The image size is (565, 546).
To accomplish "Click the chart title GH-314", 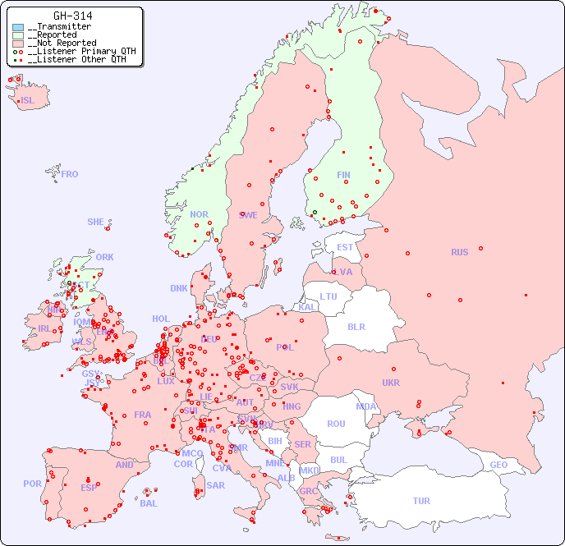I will coord(72,16).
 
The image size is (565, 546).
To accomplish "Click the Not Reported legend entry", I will coord(62,43).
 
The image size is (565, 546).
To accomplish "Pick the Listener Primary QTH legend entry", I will coord(78,51).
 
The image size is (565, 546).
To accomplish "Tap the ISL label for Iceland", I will coord(27,101).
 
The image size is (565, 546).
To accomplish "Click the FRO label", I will coord(70,174).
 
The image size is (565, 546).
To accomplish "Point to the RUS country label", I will coord(459,252).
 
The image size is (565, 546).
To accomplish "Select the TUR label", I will coord(421,501).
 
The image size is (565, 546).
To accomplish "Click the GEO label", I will coord(498,465).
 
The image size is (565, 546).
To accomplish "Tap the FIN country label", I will coord(343,175).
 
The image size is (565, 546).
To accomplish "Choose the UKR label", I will coord(391,383).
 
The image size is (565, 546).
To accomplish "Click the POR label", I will coord(32,484).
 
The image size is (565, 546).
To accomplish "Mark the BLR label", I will coord(356,326).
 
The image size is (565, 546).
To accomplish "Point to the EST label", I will coord(345,247).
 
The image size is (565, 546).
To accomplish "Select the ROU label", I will coord(336,424).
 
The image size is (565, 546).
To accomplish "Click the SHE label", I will coord(95,222).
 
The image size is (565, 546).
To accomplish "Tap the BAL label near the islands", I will coord(149,503).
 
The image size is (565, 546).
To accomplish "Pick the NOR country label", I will coord(199,214).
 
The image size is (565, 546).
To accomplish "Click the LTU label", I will coord(328,296).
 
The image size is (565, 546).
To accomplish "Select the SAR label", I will coord(216,485).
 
